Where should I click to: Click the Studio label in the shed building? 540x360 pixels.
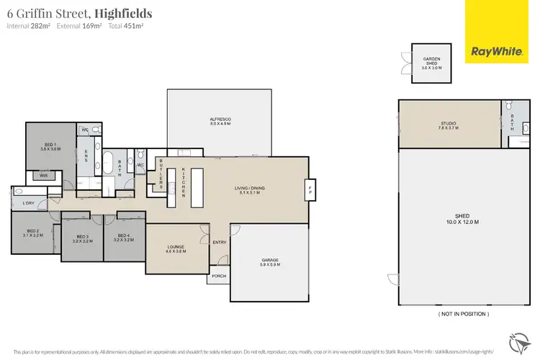click(449, 125)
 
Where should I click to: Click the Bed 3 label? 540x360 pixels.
click(83, 238)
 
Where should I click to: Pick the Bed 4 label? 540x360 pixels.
click(123, 238)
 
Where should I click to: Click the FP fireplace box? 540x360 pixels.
click(310, 190)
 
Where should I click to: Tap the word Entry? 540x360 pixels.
click(220, 242)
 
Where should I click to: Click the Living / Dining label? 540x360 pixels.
click(250, 189)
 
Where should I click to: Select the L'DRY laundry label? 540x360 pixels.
click(29, 203)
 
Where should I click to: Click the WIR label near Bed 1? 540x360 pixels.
click(43, 175)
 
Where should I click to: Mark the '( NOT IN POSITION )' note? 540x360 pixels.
click(463, 314)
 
